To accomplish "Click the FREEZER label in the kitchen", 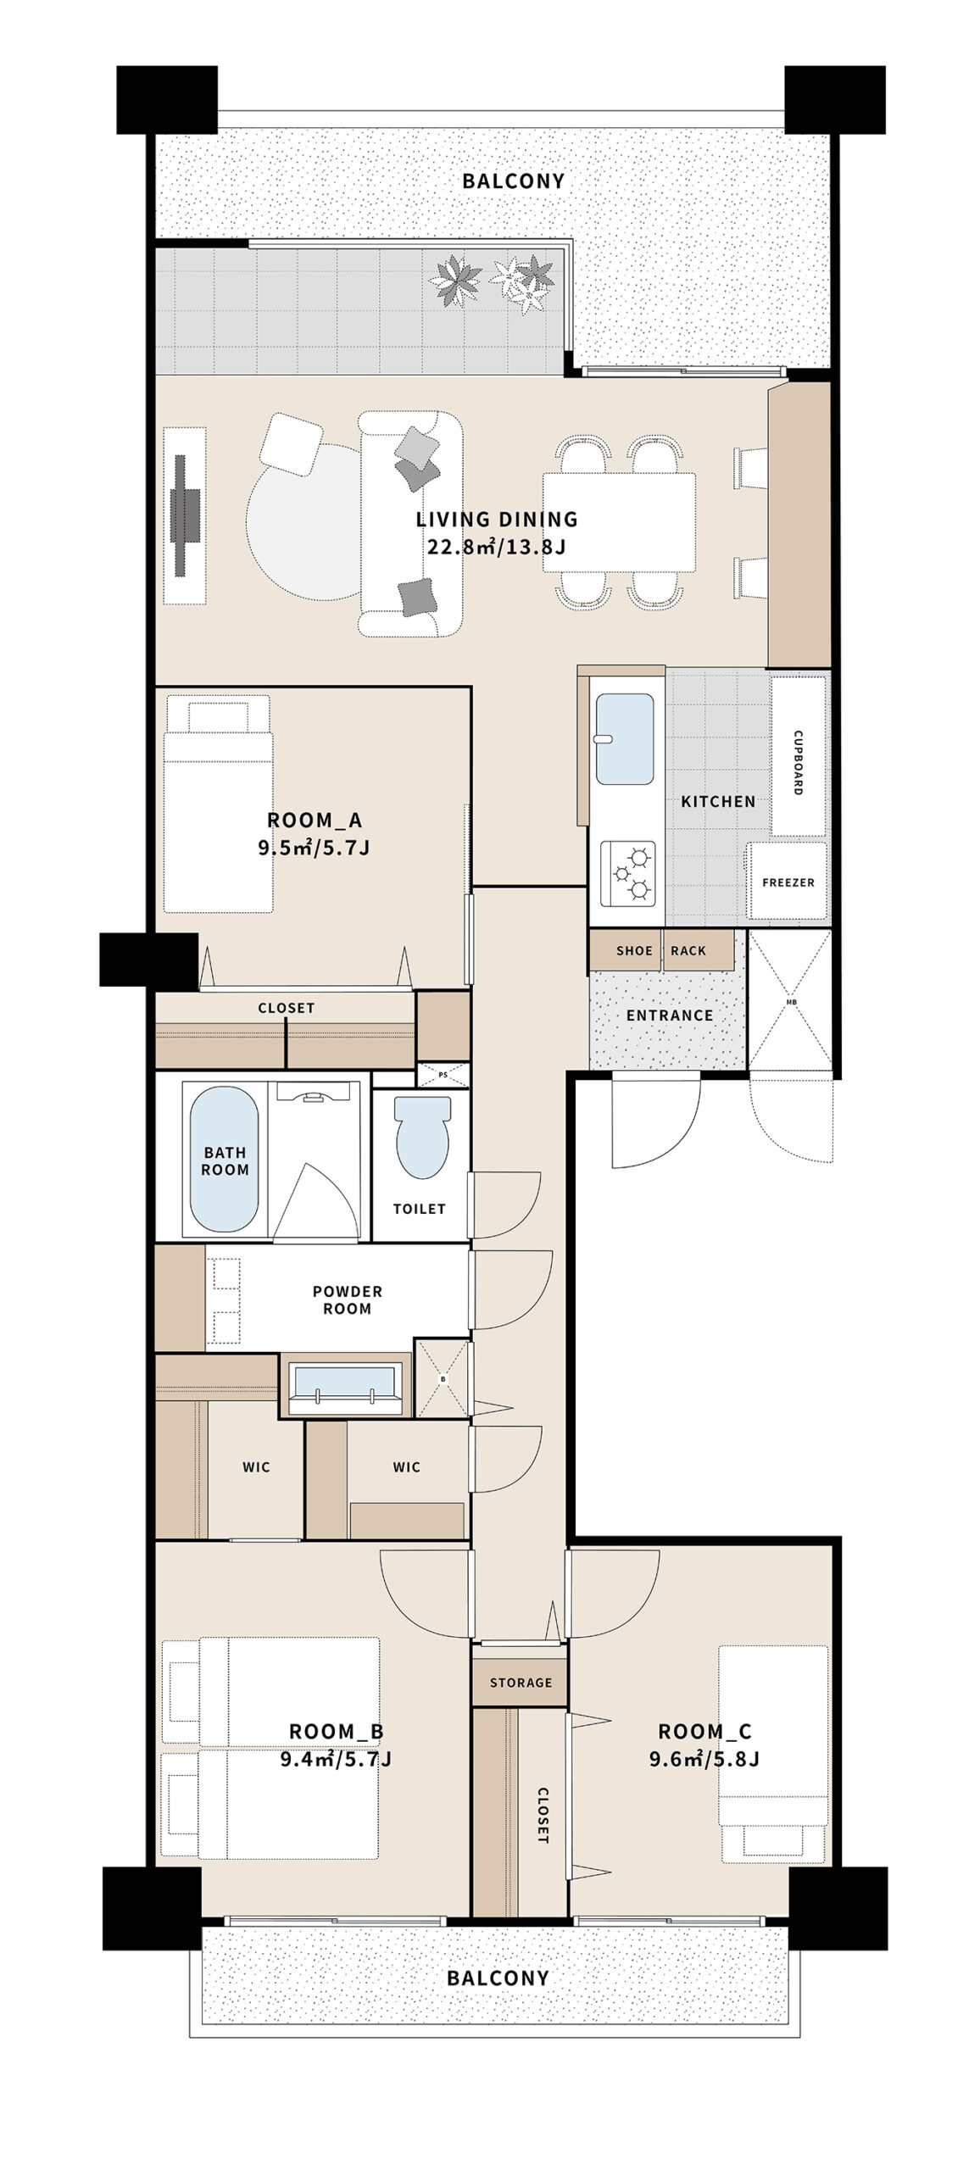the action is pyautogui.click(x=788, y=882).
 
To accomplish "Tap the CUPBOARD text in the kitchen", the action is pyautogui.click(x=798, y=762).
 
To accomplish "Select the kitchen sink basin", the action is pyautogui.click(x=625, y=739).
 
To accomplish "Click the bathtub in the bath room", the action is pyautogui.click(x=225, y=1160).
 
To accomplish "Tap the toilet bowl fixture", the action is pyautogui.click(x=423, y=1137).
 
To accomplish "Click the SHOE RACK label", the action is pyautogui.click(x=661, y=951).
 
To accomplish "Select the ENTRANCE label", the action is pyautogui.click(x=670, y=1015).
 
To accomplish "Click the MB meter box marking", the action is pyautogui.click(x=791, y=1001).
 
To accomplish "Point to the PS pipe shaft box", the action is pyautogui.click(x=443, y=1075).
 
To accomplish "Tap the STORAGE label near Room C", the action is pyautogui.click(x=521, y=1683).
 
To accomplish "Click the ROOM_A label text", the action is pyautogui.click(x=315, y=820).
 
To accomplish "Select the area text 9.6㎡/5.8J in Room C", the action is pyautogui.click(x=704, y=1758).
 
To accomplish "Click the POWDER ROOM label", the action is pyautogui.click(x=348, y=1299).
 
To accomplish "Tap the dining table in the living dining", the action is pyautogui.click(x=619, y=522).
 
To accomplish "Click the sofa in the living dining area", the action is pyautogui.click(x=410, y=523).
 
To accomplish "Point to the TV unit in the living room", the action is pyautogui.click(x=185, y=515).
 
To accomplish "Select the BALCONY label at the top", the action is pyautogui.click(x=513, y=181).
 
